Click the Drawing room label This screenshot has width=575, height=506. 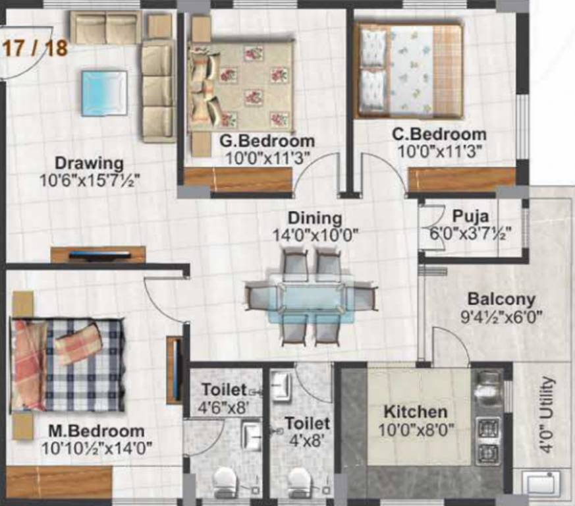[x=89, y=163]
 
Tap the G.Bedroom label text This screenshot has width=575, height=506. [x=267, y=141]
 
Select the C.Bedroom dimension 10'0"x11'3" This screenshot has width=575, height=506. [x=439, y=151]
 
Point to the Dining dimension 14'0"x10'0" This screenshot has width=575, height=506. [x=314, y=234]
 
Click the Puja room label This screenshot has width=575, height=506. [x=470, y=216]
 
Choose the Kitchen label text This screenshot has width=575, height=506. [x=415, y=412]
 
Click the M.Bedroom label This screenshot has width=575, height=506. [x=96, y=432]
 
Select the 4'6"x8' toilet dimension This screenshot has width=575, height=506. [x=225, y=407]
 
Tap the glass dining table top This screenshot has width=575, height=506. [x=311, y=297]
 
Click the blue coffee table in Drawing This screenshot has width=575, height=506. [x=104, y=93]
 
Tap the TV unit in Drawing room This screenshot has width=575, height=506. [x=99, y=254]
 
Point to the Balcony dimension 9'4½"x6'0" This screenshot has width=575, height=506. [x=501, y=317]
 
